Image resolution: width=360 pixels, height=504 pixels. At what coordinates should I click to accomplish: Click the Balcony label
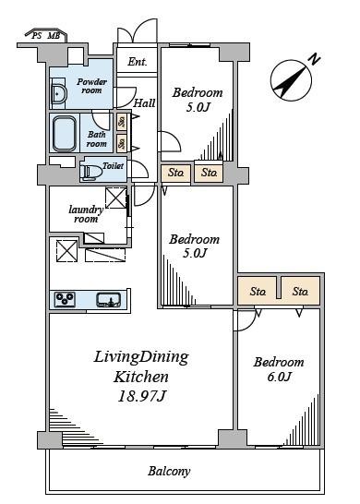[169, 471]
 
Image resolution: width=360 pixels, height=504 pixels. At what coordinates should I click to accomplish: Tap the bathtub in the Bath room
[65, 133]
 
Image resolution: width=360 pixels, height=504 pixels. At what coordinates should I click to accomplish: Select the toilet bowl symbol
[91, 173]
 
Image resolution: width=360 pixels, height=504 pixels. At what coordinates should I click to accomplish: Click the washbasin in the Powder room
[58, 94]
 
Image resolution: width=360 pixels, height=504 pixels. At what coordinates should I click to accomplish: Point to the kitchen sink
[109, 299]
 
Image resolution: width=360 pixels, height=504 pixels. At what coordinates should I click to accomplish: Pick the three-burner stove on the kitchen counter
[65, 299]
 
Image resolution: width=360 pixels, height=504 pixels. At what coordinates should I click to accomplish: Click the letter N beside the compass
[315, 60]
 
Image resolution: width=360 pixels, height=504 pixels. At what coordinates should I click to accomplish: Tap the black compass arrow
[290, 81]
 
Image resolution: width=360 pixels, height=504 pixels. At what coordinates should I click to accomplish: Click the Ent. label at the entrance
[138, 62]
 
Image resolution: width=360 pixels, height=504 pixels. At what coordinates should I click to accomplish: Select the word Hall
[144, 103]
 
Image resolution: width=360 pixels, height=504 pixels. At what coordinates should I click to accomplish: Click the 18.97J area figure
[142, 396]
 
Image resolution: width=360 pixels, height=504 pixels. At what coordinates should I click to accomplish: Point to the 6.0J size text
[279, 377]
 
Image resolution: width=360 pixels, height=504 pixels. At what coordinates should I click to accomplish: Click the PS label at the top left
[37, 36]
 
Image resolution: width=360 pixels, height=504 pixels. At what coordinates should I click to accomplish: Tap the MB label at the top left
[54, 36]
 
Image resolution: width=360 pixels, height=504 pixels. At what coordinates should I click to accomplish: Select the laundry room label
[86, 214]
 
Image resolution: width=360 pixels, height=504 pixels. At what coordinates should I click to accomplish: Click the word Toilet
[114, 166]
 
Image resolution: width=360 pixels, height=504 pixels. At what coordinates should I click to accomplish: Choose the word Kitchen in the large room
[141, 377]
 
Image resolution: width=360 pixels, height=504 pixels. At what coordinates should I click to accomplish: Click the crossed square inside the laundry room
[115, 198]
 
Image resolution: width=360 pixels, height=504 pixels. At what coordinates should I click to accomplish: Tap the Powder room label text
[91, 86]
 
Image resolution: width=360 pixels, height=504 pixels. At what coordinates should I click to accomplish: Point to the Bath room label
[96, 138]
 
